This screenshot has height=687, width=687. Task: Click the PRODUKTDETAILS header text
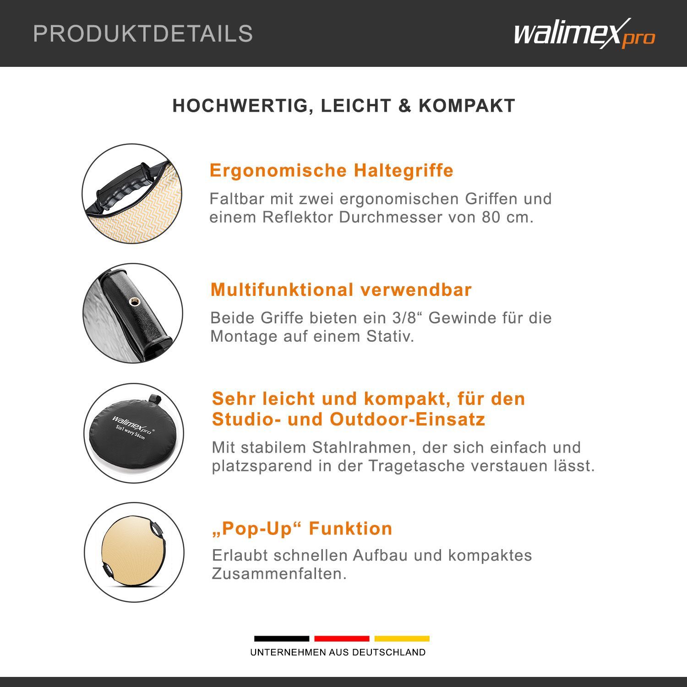[143, 33]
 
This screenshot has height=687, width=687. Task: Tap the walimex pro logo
[584, 33]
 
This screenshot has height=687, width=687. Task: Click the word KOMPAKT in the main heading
[467, 106]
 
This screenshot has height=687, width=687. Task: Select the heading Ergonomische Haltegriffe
[332, 170]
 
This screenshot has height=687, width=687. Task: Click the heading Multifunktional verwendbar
[341, 290]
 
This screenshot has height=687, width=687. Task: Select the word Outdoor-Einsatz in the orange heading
[407, 420]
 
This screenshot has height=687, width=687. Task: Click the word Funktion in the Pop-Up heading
[350, 529]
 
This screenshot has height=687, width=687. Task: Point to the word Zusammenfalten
[279, 573]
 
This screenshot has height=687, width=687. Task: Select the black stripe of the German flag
[282, 638]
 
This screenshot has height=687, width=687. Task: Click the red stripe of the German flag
[342, 638]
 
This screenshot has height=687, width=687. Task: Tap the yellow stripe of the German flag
[402, 638]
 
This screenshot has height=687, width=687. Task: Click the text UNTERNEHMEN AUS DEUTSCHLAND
[338, 652]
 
